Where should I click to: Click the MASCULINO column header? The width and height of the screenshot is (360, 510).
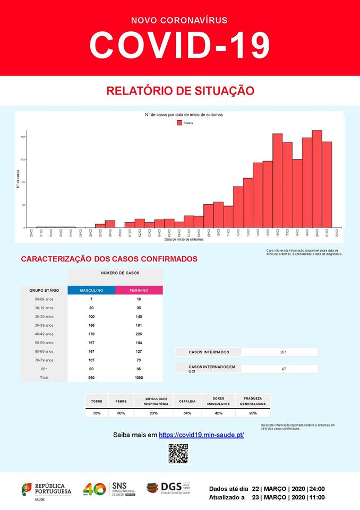91,291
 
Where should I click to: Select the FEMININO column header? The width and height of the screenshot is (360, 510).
139,291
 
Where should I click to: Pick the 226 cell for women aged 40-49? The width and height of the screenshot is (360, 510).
139,334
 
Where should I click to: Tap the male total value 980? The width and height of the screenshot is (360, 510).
91,378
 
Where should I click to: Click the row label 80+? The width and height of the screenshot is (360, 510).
44,369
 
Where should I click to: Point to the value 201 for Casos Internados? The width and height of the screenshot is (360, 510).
279,352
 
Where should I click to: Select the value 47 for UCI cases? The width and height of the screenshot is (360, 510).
279,368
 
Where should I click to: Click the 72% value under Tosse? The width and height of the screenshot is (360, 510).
96,413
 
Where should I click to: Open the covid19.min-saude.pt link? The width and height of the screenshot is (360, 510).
201,435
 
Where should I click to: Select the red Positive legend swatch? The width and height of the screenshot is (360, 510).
179,123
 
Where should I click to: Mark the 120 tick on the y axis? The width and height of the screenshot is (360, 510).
22,160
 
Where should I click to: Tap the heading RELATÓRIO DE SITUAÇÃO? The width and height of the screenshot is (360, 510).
180,91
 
